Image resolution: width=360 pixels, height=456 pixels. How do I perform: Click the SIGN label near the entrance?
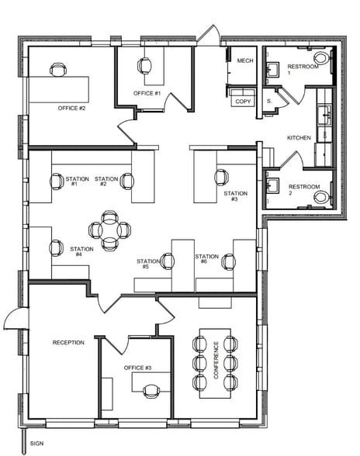(x=37, y=444)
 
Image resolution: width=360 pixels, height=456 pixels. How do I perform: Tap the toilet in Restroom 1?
(x=323, y=58)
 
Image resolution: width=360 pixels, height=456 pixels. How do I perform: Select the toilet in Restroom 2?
(x=323, y=197)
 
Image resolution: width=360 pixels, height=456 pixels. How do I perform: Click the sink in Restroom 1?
(x=273, y=70)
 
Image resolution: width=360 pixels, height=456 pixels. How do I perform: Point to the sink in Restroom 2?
(x=273, y=185)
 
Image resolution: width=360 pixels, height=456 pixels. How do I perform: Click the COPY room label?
(x=243, y=102)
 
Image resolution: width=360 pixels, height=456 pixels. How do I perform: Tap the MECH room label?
(x=245, y=60)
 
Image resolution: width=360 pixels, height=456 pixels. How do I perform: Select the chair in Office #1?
(x=144, y=66)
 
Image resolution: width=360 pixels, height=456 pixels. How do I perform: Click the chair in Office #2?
(x=58, y=70)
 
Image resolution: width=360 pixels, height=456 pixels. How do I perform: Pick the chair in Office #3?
(x=151, y=391)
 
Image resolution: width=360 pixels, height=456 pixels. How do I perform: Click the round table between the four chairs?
(x=109, y=230)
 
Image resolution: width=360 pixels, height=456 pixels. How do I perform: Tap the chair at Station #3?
(x=221, y=177)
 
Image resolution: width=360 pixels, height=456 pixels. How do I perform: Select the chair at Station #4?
(x=57, y=248)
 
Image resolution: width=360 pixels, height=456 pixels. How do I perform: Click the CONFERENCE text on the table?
(x=216, y=360)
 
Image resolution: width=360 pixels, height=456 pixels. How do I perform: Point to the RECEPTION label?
(x=68, y=343)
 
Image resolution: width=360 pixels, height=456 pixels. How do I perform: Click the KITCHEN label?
(x=299, y=138)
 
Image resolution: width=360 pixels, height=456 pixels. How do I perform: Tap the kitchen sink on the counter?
(x=324, y=116)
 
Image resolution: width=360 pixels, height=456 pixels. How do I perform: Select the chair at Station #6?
(x=229, y=262)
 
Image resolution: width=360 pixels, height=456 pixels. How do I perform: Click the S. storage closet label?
(x=269, y=101)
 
